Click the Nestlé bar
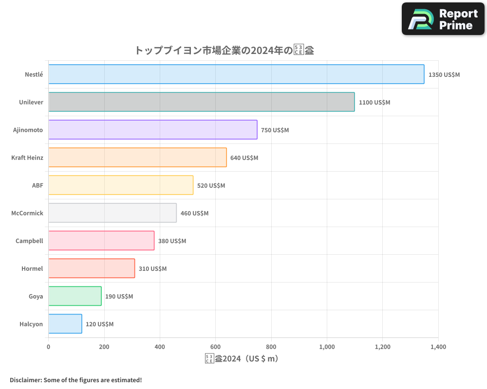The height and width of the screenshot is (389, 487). (x=236, y=74)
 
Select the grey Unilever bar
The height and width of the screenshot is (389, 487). (x=202, y=102)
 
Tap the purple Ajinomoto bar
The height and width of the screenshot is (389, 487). (x=153, y=130)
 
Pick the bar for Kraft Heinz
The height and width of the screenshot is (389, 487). (x=137, y=158)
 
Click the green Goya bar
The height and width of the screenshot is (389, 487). (x=75, y=296)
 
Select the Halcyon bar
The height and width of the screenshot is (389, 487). (x=65, y=324)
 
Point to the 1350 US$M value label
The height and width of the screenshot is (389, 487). (x=444, y=75)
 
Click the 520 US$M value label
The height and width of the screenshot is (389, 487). (x=211, y=186)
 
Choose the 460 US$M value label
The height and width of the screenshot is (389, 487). (x=194, y=213)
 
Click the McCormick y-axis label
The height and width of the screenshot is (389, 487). (x=27, y=213)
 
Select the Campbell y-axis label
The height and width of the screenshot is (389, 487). (x=29, y=241)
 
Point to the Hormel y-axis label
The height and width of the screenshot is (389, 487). (x=32, y=269)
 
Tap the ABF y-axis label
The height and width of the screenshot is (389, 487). (x=37, y=186)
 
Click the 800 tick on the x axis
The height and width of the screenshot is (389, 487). (x=271, y=347)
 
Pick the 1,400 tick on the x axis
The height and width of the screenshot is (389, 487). (x=438, y=347)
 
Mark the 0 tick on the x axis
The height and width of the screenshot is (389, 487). (x=48, y=347)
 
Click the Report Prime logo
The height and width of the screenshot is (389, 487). (x=443, y=19)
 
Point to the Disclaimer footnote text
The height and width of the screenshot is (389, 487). (x=76, y=380)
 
